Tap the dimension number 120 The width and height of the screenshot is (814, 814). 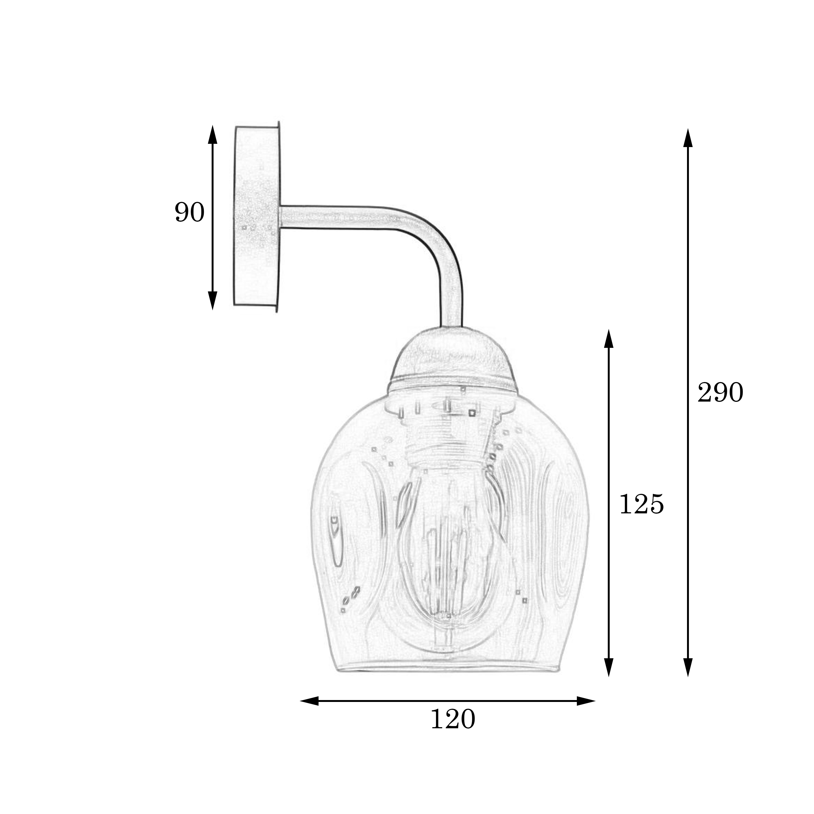pyautogui.click(x=453, y=719)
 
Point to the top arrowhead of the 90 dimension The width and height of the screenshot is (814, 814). pyautogui.click(x=213, y=134)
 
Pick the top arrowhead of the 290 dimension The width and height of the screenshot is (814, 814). pyautogui.click(x=688, y=138)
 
